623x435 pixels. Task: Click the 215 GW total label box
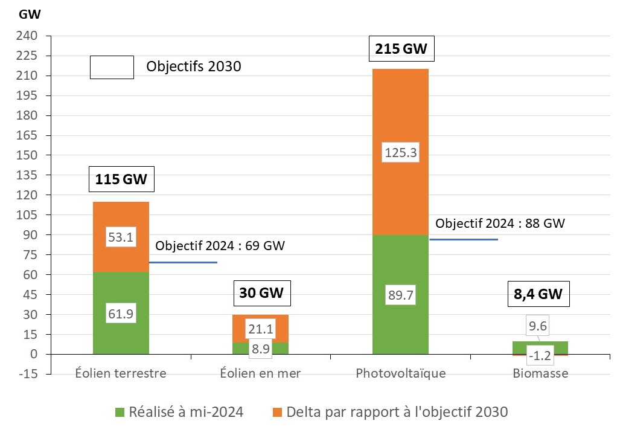[401, 50]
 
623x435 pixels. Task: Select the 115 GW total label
[121, 179]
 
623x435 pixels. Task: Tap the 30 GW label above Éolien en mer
[260, 294]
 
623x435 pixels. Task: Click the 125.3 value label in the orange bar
[401, 153]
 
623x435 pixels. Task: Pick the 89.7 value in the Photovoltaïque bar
[401, 296]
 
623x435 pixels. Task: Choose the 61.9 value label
[121, 314]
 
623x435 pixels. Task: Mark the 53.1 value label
[121, 237]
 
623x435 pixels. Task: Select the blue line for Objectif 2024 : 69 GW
[183, 262]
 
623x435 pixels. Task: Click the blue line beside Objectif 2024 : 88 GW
[464, 240]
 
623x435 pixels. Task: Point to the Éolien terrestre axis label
[121, 373]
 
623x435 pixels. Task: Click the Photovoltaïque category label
[401, 373]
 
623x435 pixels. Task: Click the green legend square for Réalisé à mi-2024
[120, 413]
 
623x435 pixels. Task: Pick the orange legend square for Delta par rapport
[278, 413]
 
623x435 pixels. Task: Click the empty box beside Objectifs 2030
[112, 67]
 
